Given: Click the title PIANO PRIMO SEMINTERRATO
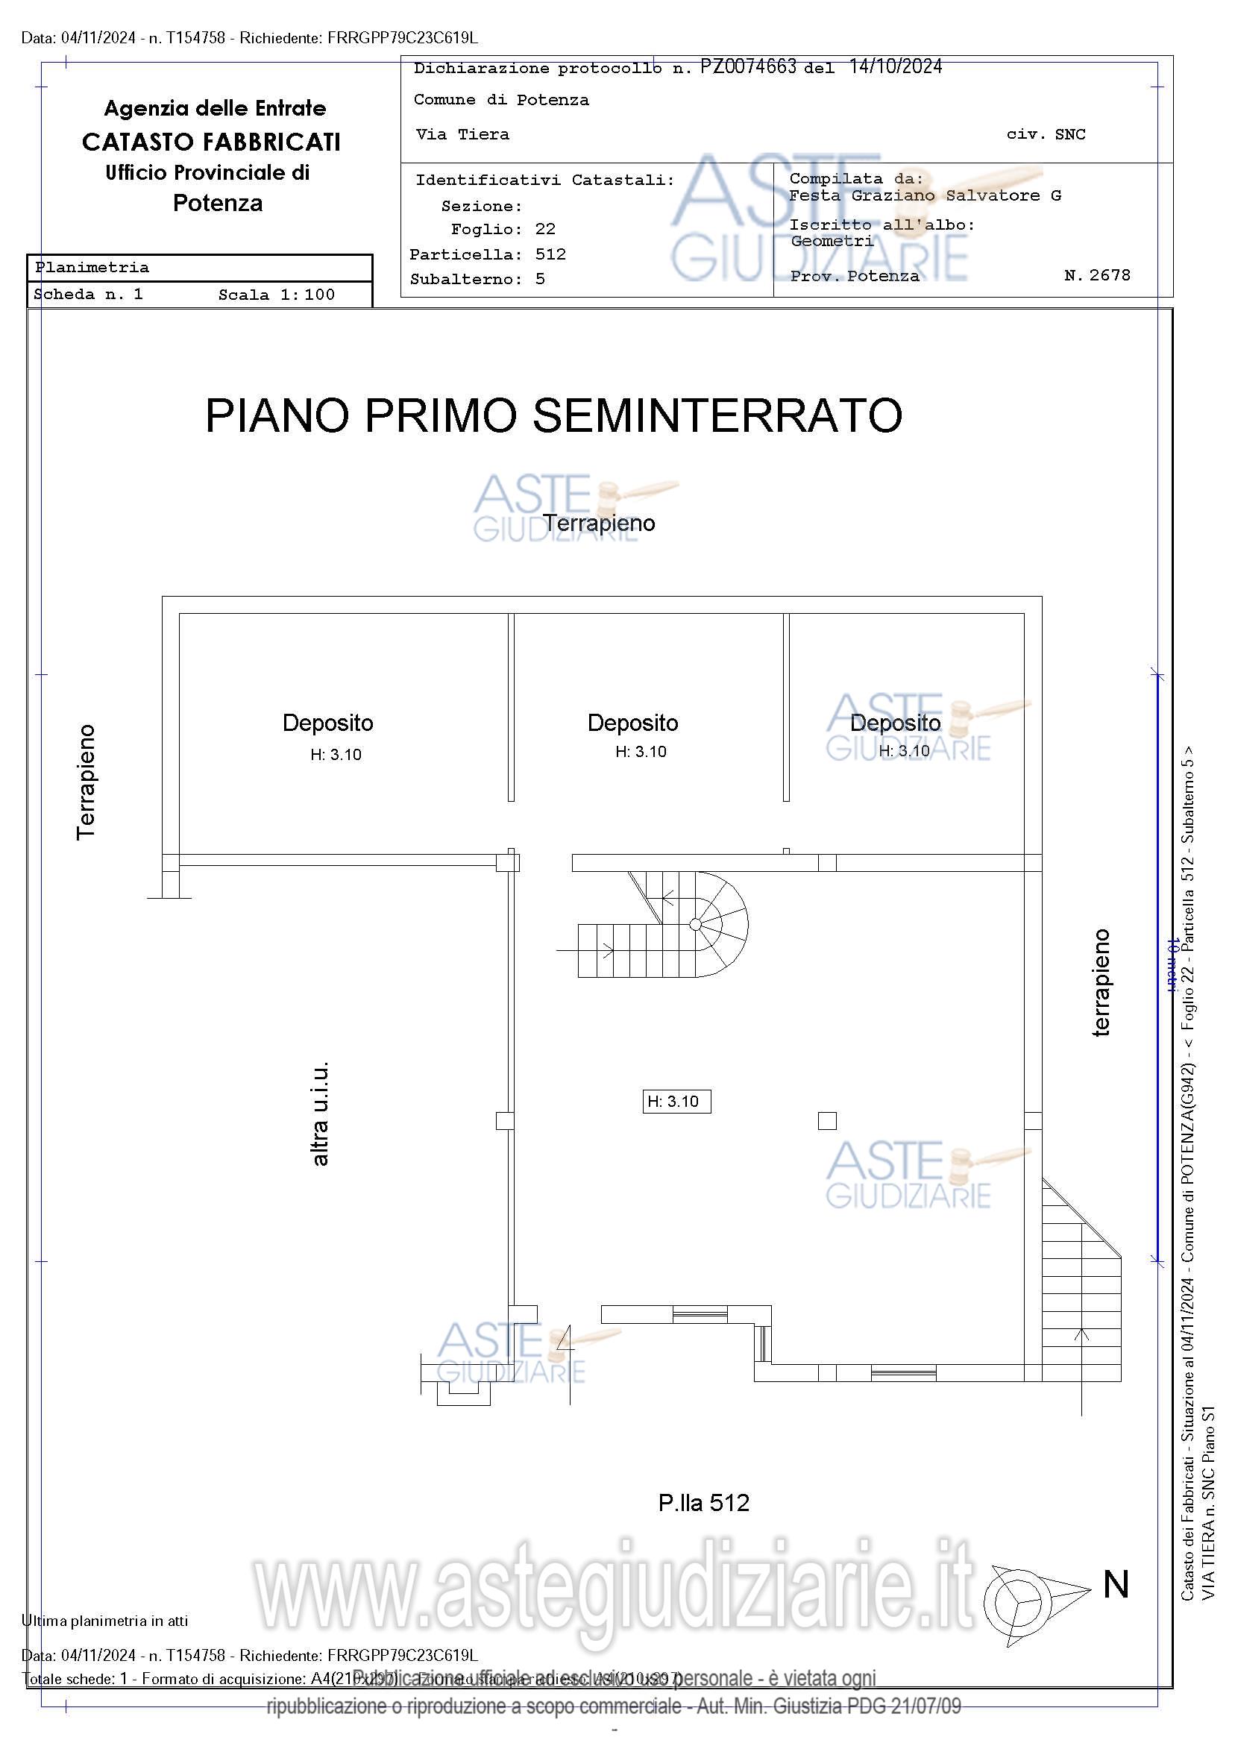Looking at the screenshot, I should [553, 416].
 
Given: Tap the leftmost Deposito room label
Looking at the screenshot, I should [327, 723].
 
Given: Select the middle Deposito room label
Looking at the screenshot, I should [632, 723].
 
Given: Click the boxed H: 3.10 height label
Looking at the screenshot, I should [676, 1101].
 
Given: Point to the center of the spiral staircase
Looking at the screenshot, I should [694, 924].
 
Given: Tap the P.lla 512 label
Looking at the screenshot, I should [703, 1503].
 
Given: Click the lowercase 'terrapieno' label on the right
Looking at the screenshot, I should [1102, 982].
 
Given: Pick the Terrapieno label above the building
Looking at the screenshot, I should [600, 523].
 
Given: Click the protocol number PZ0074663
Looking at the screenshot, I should [747, 67].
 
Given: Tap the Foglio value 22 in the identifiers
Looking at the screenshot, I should [545, 229].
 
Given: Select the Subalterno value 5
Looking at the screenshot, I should [540, 278].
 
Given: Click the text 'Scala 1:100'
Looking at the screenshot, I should [276, 295].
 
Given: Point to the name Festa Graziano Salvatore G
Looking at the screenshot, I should [925, 195].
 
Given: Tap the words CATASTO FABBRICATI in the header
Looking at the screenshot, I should [211, 142].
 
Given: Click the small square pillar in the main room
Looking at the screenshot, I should [827, 1121].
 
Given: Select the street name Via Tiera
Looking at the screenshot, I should [462, 134].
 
